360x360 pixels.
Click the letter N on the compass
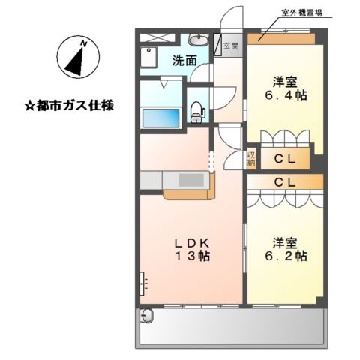(x=84, y=44)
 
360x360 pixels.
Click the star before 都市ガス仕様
(x=30, y=106)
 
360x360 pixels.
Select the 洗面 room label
(x=184, y=61)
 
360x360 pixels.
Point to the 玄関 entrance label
(x=231, y=46)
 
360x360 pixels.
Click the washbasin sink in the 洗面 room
(x=199, y=40)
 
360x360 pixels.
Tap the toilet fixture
(x=197, y=112)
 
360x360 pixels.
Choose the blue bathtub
(x=160, y=118)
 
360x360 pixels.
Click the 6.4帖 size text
(x=286, y=95)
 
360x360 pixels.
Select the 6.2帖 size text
(x=286, y=256)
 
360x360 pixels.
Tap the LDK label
(x=191, y=243)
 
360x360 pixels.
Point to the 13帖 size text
(x=193, y=256)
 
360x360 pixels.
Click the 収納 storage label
(x=251, y=159)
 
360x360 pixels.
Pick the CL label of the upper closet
(x=285, y=159)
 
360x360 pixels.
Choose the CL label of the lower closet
(x=285, y=182)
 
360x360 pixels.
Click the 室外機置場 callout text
(x=301, y=13)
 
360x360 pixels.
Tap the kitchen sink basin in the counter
(x=190, y=180)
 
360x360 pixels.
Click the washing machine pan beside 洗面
(x=148, y=57)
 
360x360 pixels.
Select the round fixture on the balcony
(x=146, y=316)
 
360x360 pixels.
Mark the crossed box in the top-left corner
(x=157, y=37)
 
